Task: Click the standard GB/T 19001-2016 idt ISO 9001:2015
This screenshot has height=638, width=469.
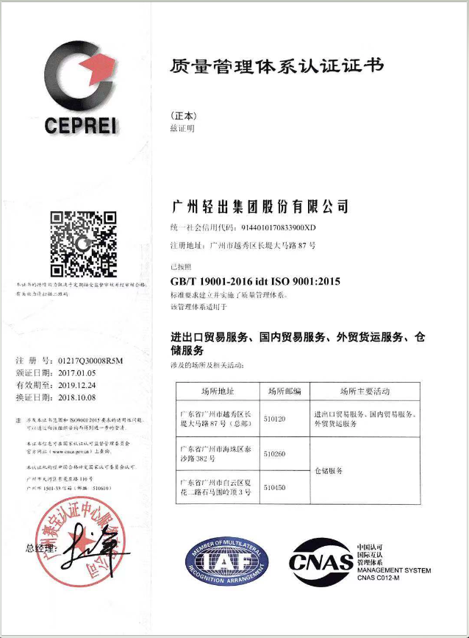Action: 255,282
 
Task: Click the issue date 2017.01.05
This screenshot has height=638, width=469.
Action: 79,372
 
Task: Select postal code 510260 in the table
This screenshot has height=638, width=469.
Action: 274,453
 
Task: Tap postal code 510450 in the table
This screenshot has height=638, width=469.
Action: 274,487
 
